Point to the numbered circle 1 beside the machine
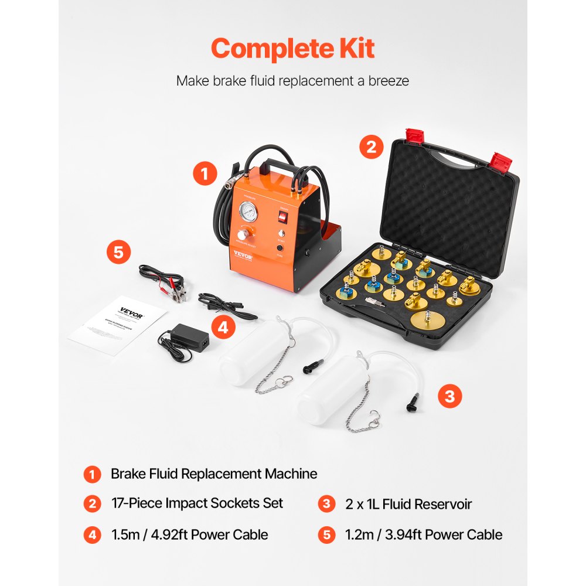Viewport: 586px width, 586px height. tap(205, 174)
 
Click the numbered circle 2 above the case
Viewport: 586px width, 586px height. tap(372, 146)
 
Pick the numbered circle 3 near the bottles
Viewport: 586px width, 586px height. tap(449, 396)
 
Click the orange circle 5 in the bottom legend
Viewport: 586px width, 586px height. tap(327, 534)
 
